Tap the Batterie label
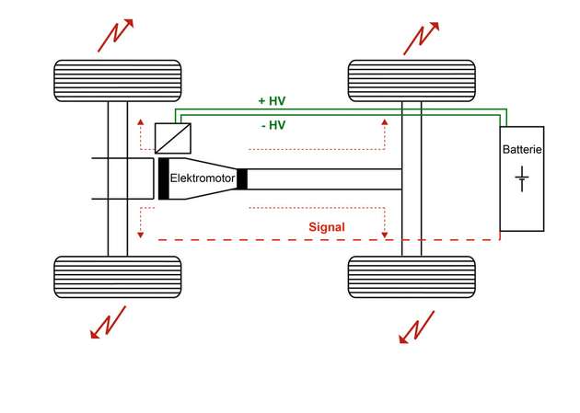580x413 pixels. [522, 149]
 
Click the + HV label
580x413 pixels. [273, 99]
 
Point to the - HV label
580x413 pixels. [273, 125]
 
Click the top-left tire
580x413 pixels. [117, 81]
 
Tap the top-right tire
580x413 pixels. [412, 81]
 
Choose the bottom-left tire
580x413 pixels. [117, 276]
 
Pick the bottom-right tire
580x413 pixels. [412, 276]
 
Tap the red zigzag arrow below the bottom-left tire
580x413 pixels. [109, 324]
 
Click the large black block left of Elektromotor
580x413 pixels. [163, 178]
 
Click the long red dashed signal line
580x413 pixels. [276, 239]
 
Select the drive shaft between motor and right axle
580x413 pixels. [322, 179]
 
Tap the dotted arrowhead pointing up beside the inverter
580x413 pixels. [140, 121]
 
